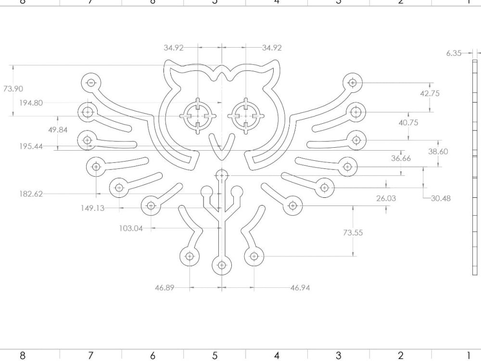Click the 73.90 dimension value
pyautogui.click(x=13, y=89)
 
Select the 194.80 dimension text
pyautogui.click(x=31, y=103)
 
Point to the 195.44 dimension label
pyautogui.click(x=31, y=146)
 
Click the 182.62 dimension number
pyautogui.click(x=31, y=194)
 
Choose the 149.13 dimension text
pyautogui.click(x=92, y=208)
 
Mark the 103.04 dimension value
pyautogui.click(x=131, y=228)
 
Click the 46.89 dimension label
pyautogui.click(x=165, y=288)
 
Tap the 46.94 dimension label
pyautogui.click(x=300, y=288)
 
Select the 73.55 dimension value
pyautogui.click(x=353, y=232)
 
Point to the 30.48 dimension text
pyautogui.click(x=441, y=198)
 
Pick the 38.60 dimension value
pyautogui.click(x=438, y=151)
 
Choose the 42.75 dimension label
pyautogui.click(x=430, y=93)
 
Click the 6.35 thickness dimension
pyautogui.click(x=454, y=53)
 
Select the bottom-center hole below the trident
pyautogui.click(x=222, y=265)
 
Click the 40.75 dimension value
pyautogui.click(x=408, y=123)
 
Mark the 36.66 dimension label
pyautogui.click(x=401, y=158)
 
